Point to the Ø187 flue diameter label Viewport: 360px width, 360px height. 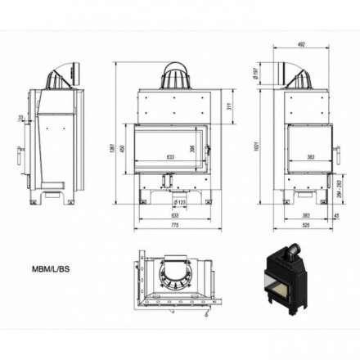pyautogui.click(x=256, y=75)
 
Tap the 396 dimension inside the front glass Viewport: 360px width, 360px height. pyautogui.click(x=192, y=149)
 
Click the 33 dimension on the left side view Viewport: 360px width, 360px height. pyautogui.click(x=20, y=119)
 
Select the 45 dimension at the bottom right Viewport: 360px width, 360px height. pyautogui.click(x=336, y=215)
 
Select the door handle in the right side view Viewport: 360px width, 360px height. pyautogui.click(x=335, y=150)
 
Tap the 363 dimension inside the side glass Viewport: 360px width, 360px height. pyautogui.click(x=310, y=155)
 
